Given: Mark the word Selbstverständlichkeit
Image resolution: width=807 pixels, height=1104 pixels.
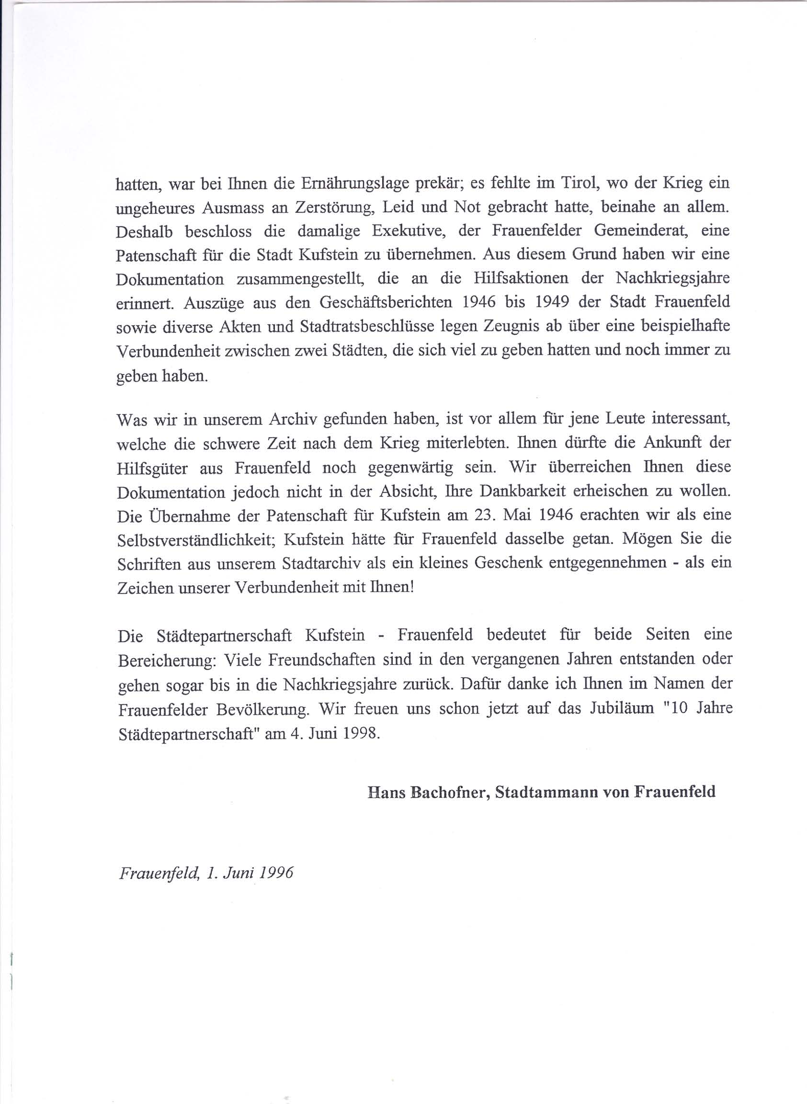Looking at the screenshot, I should (197, 539).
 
